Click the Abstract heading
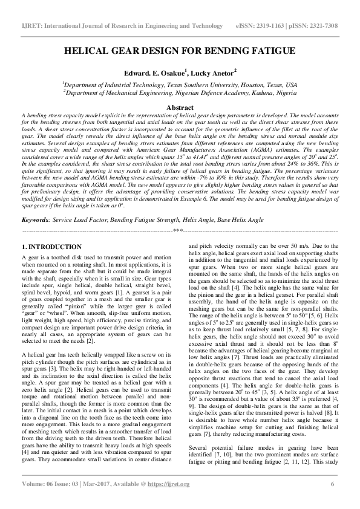point(180,107)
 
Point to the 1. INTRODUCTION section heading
point(51,248)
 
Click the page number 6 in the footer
point(332,501)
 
